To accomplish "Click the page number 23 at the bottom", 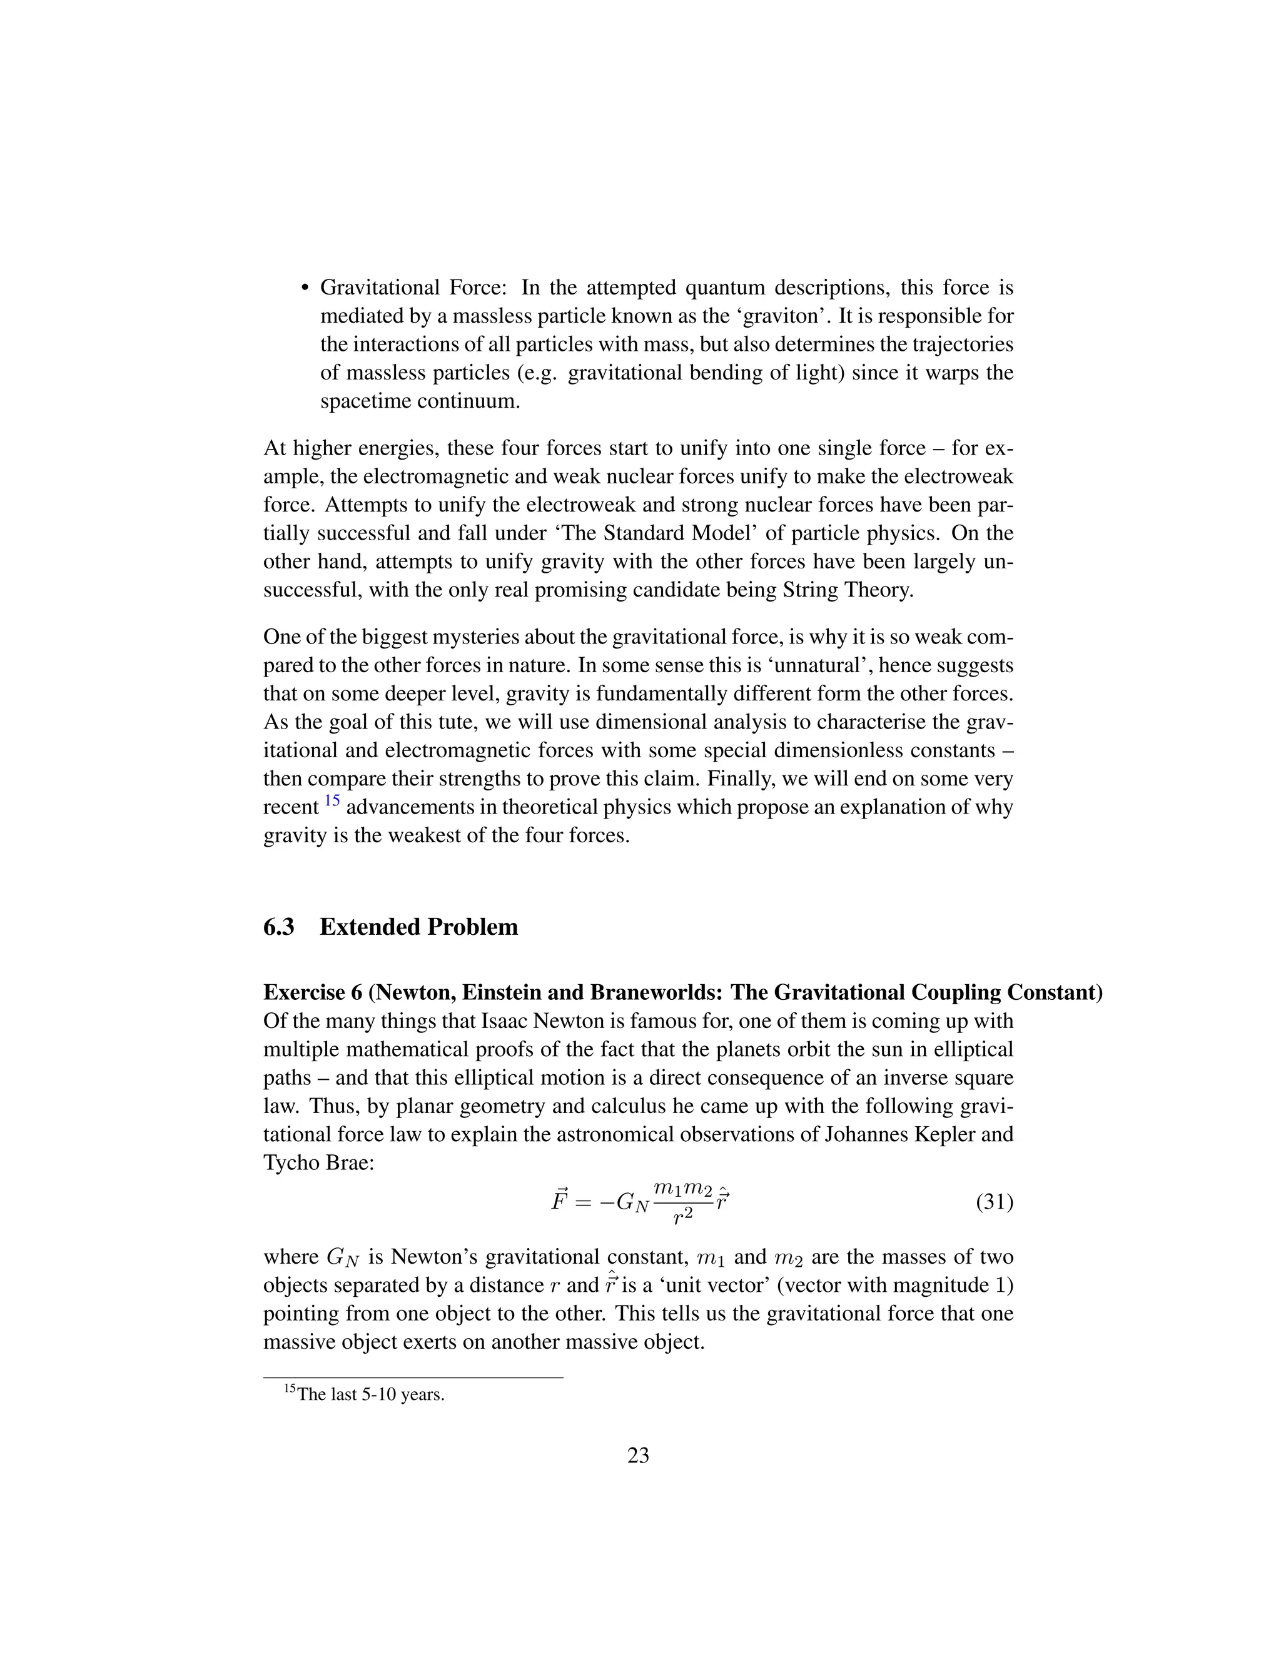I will (638, 1455).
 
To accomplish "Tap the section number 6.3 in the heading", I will (278, 927).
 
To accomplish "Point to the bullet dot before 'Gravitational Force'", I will (306, 288).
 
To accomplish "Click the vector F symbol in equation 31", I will (559, 1201).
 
